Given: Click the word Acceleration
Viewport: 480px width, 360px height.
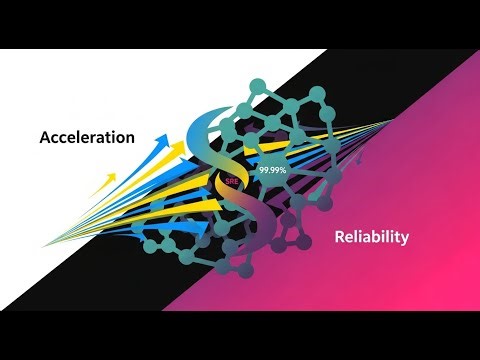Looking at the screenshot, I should point(87,137).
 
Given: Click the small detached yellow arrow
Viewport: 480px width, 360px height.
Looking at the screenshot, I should point(103,183).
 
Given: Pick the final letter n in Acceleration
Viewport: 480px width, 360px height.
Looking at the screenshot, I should point(129,138).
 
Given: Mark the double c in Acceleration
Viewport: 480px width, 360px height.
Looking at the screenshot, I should point(63,138).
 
